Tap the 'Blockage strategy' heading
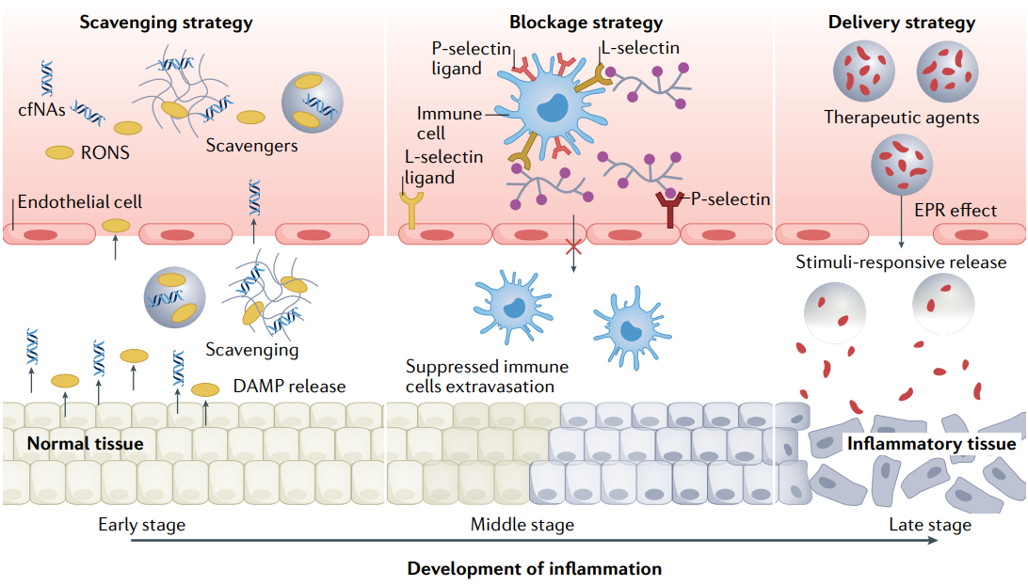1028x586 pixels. [x=586, y=23]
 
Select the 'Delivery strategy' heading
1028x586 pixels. [x=901, y=23]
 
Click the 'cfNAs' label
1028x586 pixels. [x=41, y=109]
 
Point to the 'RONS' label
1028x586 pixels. [x=105, y=152]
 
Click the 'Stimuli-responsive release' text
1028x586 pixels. [x=901, y=262]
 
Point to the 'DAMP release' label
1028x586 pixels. [x=289, y=387]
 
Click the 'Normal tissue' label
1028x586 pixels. [x=86, y=443]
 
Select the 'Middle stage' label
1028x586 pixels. [x=522, y=524]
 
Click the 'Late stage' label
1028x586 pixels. [x=930, y=524]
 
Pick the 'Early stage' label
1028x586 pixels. [x=141, y=524]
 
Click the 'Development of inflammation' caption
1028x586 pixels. [x=534, y=568]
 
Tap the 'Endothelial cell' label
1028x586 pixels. [x=80, y=201]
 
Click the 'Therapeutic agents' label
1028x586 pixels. [x=901, y=118]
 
